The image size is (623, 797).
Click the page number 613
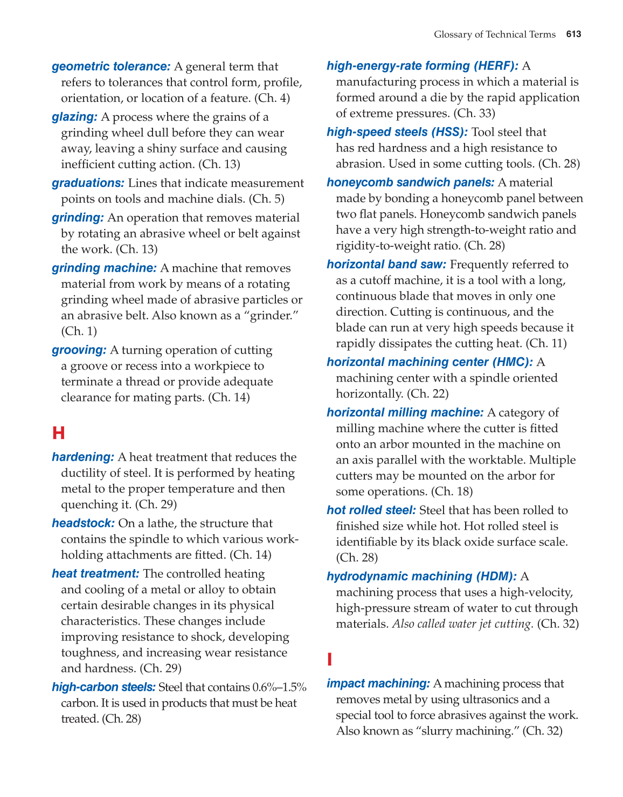point(573,34)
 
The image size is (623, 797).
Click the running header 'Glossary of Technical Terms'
point(494,34)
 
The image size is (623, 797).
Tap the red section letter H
point(58,433)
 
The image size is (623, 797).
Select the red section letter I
point(330,660)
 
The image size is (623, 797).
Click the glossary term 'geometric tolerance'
point(111,66)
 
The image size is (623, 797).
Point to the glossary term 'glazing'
point(74,117)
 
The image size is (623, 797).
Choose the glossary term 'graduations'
point(88,183)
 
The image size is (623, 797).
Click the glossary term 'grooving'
point(79,350)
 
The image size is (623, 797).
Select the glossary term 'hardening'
point(83,457)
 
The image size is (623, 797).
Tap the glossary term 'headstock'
point(83,523)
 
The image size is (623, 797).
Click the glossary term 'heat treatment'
point(95,573)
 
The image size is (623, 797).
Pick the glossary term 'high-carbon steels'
point(103,687)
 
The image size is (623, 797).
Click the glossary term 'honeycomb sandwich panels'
point(410,182)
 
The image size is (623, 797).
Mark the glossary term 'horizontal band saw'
point(386,264)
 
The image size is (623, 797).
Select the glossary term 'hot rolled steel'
point(371,510)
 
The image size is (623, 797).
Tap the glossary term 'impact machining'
point(378,683)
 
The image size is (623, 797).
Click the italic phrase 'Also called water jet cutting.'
point(462,623)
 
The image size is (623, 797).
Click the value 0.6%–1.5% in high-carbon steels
point(279,687)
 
